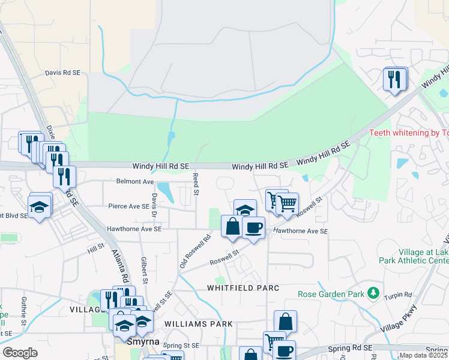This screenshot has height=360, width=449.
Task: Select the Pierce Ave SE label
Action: pyautogui.click(x=128, y=206)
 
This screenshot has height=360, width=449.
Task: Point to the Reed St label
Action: pyautogui.click(x=195, y=184)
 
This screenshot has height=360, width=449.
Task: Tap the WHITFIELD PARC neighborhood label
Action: pyautogui.click(x=243, y=288)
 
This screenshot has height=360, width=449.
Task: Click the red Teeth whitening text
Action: pyautogui.click(x=408, y=133)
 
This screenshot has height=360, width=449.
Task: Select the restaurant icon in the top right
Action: pyautogui.click(x=394, y=79)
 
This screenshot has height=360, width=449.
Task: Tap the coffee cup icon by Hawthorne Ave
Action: pyautogui.click(x=253, y=228)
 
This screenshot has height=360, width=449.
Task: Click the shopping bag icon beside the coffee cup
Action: pyautogui.click(x=232, y=227)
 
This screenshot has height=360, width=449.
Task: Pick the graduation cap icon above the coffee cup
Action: pyautogui.click(x=245, y=210)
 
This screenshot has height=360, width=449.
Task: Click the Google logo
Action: pyautogui.click(x=20, y=352)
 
